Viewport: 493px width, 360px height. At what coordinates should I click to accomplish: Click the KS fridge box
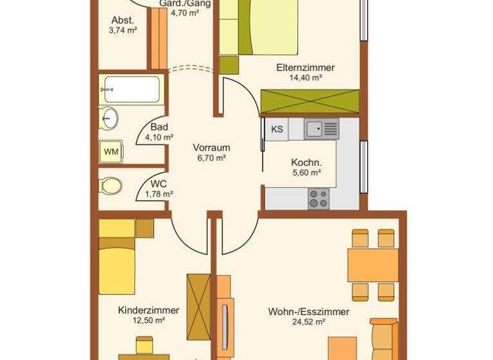[277, 129]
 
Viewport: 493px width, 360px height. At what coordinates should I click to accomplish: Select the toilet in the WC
[110, 186]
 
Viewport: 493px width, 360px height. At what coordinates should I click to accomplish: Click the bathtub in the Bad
[130, 89]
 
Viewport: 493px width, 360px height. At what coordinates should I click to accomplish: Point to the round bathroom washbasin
[109, 118]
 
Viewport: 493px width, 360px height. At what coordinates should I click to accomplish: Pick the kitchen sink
[322, 129]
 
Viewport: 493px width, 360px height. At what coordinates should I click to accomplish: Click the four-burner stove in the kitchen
[318, 198]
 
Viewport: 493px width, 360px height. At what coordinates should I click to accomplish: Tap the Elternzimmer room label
[306, 67]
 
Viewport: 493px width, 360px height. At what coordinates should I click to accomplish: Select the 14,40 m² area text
[306, 77]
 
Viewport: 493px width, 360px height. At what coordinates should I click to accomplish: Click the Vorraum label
[211, 147]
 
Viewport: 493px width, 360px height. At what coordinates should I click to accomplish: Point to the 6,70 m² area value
[211, 157]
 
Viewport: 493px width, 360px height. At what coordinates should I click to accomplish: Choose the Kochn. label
[306, 162]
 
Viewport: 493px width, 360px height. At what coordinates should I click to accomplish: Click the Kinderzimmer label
[148, 310]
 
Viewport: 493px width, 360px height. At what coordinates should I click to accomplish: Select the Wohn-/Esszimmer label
[308, 312]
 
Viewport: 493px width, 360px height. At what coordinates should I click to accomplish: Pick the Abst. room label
[122, 19]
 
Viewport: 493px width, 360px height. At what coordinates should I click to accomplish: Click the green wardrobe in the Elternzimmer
[309, 102]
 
